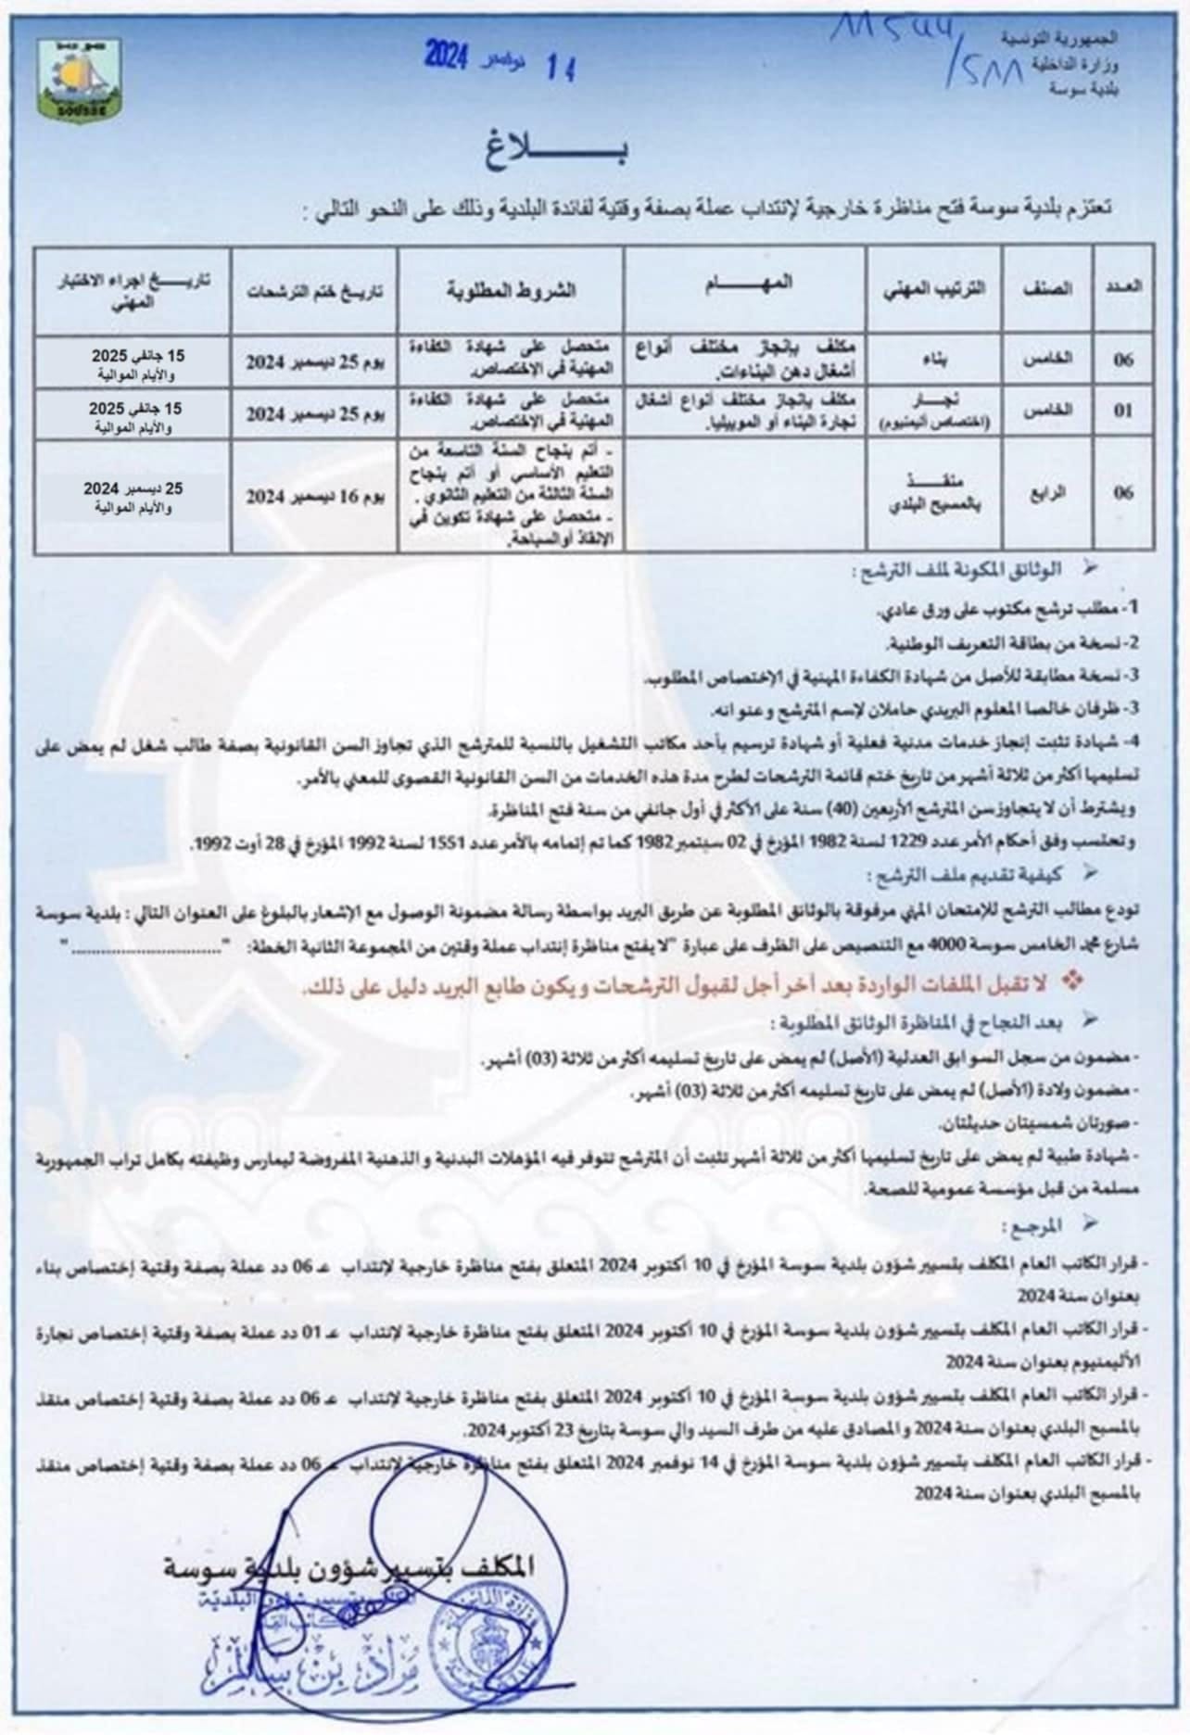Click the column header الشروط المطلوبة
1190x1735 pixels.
tap(511, 288)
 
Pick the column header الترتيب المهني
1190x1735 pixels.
tap(934, 288)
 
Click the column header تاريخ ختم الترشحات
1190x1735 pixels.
tap(314, 288)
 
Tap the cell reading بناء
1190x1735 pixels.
tap(934, 361)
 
